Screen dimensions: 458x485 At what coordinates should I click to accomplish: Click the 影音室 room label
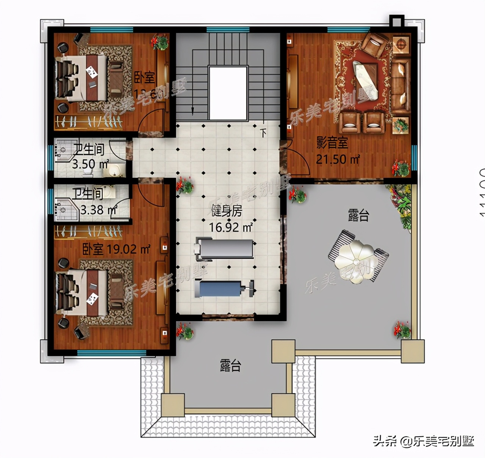coord(332,143)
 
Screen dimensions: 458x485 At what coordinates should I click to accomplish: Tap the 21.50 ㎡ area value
coord(338,159)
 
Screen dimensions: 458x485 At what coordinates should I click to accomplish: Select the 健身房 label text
coord(227,211)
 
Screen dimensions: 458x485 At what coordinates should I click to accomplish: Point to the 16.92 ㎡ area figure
coord(231,227)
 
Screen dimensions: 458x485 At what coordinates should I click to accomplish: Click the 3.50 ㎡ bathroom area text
coord(90,164)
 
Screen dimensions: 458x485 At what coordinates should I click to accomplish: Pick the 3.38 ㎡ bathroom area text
coord(99,210)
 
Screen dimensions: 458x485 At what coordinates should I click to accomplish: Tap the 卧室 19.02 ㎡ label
coord(116,249)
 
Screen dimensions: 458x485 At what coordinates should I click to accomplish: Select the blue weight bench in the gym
coord(224,289)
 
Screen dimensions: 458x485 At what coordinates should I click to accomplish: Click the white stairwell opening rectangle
coord(228,93)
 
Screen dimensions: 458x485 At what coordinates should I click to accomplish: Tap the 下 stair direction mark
coord(263,133)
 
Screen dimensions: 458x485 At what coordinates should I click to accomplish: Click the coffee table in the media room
coord(366,79)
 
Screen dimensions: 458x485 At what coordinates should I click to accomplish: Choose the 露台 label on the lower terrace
coord(230,366)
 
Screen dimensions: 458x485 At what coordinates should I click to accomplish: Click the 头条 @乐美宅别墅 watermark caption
coord(423,441)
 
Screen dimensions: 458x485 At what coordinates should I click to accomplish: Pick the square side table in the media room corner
coord(401,45)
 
